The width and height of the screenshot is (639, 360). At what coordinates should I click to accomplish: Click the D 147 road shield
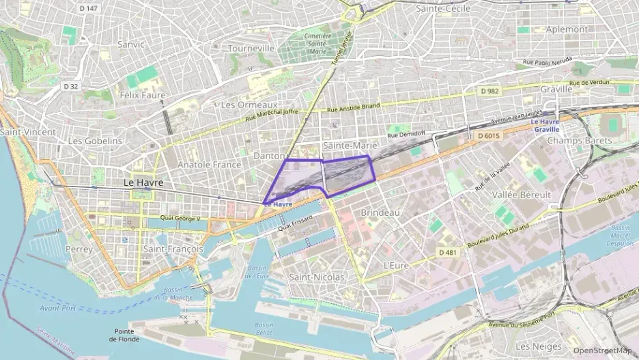pyautogui.click(x=88, y=8)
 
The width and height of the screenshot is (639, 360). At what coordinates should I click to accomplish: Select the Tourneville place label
pyautogui.click(x=251, y=49)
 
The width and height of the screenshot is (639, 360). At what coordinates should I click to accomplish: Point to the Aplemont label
pyautogui.click(x=567, y=29)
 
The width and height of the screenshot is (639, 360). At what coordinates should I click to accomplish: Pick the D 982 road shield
pyautogui.click(x=489, y=91)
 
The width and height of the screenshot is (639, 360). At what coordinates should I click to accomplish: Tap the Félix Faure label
pyautogui.click(x=142, y=95)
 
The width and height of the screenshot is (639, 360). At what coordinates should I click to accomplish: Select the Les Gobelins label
pyautogui.click(x=95, y=141)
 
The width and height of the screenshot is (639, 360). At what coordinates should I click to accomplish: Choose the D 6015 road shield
pyautogui.click(x=489, y=136)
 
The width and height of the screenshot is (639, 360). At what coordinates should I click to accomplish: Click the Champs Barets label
pyautogui.click(x=579, y=141)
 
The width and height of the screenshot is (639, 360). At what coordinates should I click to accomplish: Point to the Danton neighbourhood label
pyautogui.click(x=268, y=156)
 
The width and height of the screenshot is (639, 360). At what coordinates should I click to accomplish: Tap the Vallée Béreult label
pyautogui.click(x=521, y=195)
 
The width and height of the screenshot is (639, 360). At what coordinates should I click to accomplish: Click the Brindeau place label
pyautogui.click(x=380, y=213)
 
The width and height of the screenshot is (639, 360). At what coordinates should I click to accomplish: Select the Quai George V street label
pyautogui.click(x=180, y=219)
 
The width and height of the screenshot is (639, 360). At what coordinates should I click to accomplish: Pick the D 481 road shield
pyautogui.click(x=447, y=253)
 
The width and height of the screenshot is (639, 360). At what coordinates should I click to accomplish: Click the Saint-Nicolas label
pyautogui.click(x=317, y=277)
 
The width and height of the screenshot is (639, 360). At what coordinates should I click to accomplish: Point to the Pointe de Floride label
pyautogui.click(x=124, y=335)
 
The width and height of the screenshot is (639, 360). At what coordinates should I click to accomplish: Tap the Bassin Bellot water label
pyautogui.click(x=264, y=328)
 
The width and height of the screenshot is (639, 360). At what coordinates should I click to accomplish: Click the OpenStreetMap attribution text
pyautogui.click(x=602, y=350)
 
